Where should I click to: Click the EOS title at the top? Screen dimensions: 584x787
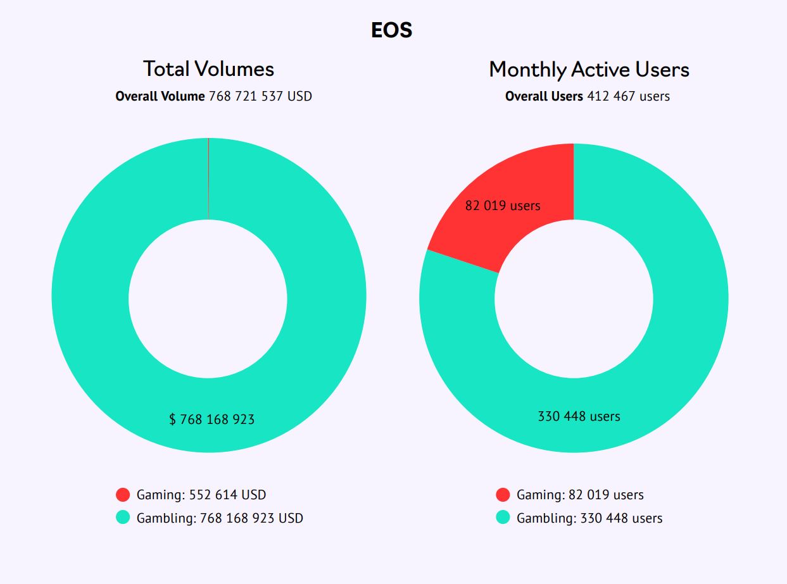point(392,30)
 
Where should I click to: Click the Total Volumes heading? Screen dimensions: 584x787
point(208,69)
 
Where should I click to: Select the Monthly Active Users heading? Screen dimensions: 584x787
point(589,69)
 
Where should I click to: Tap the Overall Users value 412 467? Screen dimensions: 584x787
point(611,96)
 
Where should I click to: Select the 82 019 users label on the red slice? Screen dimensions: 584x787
point(503,206)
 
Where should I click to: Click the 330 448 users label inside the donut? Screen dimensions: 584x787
point(579,416)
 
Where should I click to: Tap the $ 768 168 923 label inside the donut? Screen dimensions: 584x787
point(212,419)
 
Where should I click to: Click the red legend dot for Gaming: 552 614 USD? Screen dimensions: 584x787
point(123,495)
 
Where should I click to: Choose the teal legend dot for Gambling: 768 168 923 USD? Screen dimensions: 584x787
point(123,518)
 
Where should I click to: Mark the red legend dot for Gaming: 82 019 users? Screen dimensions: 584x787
point(503,495)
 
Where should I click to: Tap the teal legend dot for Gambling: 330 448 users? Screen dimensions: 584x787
point(503,518)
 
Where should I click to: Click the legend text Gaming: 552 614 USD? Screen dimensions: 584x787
point(201,495)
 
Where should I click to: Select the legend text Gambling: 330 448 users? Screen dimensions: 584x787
point(589,518)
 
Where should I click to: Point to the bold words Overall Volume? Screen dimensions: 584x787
point(160,96)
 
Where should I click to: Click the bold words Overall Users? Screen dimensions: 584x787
point(544,96)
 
